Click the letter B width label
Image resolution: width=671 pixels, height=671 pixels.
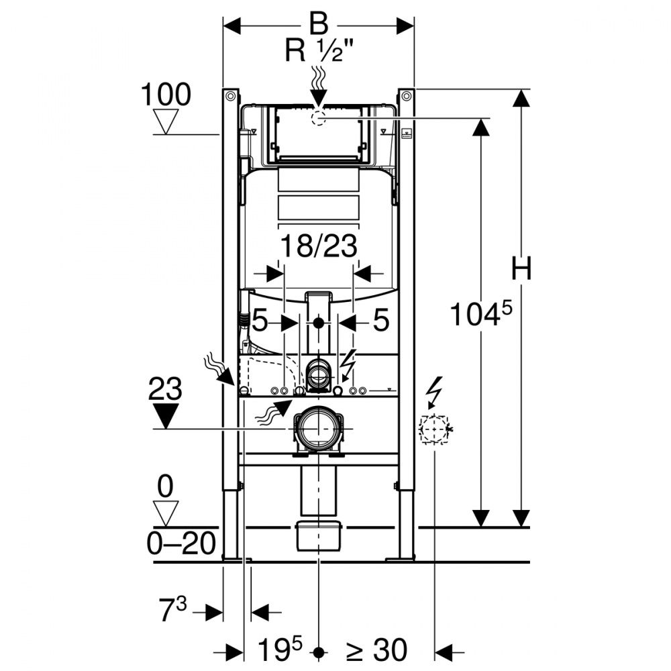(x=318, y=25)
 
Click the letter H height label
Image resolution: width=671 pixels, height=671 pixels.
(x=521, y=270)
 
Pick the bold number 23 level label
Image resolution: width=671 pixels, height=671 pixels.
(x=166, y=389)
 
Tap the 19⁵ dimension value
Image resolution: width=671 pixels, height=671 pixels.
(x=280, y=650)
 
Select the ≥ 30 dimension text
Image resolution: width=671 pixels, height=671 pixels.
(x=376, y=650)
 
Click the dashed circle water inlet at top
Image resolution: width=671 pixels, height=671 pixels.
(x=318, y=119)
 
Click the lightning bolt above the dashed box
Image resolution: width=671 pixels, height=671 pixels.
(x=434, y=393)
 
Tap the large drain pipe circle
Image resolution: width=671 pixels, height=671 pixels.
(x=318, y=428)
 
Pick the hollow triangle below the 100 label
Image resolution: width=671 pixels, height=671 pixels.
(x=166, y=122)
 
